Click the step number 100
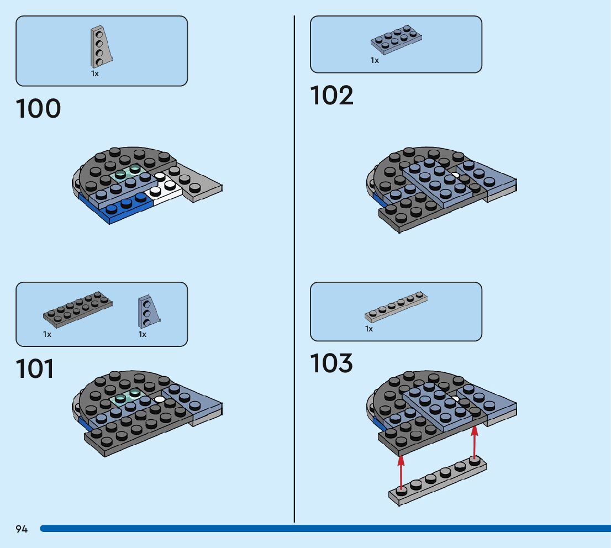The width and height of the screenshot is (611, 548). (38, 109)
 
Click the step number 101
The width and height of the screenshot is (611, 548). (35, 369)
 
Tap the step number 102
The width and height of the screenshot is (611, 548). (331, 96)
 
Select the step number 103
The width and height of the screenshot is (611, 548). (331, 363)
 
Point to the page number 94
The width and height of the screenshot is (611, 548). (22, 529)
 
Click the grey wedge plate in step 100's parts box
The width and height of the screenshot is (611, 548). (101, 46)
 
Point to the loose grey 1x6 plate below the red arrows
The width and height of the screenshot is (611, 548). (438, 481)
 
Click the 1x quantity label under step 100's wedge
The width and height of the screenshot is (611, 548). (95, 73)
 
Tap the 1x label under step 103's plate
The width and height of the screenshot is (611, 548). (369, 329)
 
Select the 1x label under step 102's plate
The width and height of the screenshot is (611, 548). (375, 60)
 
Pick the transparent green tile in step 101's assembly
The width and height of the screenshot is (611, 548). (126, 397)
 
